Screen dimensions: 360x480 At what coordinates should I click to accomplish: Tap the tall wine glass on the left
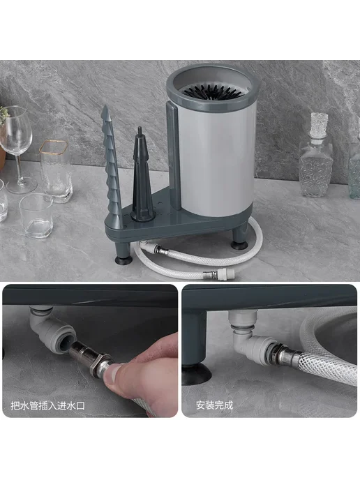tap(17, 149)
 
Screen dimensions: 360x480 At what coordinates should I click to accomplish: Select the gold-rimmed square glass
tap(55, 171)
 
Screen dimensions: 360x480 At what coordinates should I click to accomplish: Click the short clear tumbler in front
tap(36, 215)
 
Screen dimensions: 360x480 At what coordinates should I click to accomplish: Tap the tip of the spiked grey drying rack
tap(105, 106)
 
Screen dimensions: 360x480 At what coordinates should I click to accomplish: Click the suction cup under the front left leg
tap(123, 260)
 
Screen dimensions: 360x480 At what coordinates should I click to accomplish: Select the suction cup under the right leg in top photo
tap(239, 244)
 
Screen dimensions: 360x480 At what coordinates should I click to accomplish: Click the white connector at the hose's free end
tap(226, 273)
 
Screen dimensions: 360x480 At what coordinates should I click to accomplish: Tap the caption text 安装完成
tap(215, 405)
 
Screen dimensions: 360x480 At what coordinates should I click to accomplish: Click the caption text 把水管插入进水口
tap(47, 406)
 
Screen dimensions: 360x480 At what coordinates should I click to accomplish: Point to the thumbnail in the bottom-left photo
tap(112, 372)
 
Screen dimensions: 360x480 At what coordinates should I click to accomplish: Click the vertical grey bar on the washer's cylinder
tap(174, 156)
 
